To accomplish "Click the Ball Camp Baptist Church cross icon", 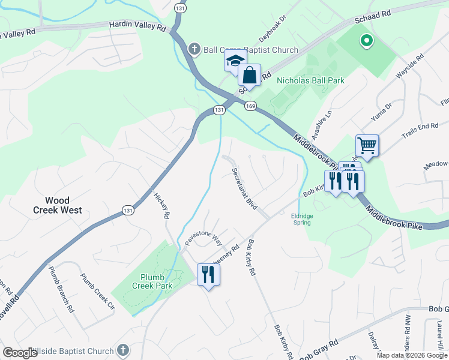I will tap(194, 49).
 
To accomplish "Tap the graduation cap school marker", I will tap(235, 61).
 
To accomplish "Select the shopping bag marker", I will tap(250, 76).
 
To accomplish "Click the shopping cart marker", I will tap(367, 145).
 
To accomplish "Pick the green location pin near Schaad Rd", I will tap(365, 41).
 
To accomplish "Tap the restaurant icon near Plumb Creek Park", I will tap(208, 275).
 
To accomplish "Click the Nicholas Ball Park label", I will tap(310, 80).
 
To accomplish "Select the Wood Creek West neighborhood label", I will tap(58, 205).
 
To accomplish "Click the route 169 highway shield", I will tap(250, 106).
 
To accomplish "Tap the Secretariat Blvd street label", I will tap(245, 188).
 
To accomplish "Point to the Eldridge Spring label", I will tap(301, 219).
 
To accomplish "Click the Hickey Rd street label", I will tap(161, 205).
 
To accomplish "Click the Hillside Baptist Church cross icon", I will tap(122, 350).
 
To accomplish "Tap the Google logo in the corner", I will tap(20, 353).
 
